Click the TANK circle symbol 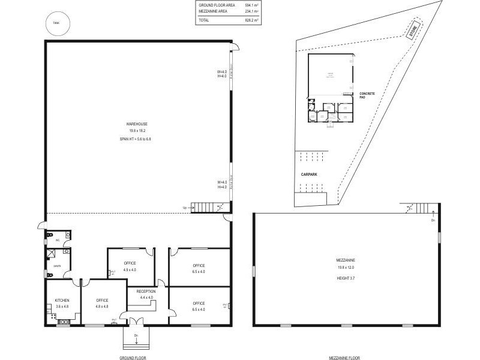57,23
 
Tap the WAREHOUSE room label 137,124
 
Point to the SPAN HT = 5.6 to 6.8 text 137,139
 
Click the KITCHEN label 62,300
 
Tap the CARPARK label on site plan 309,174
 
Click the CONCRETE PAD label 367,95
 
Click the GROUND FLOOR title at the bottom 133,357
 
